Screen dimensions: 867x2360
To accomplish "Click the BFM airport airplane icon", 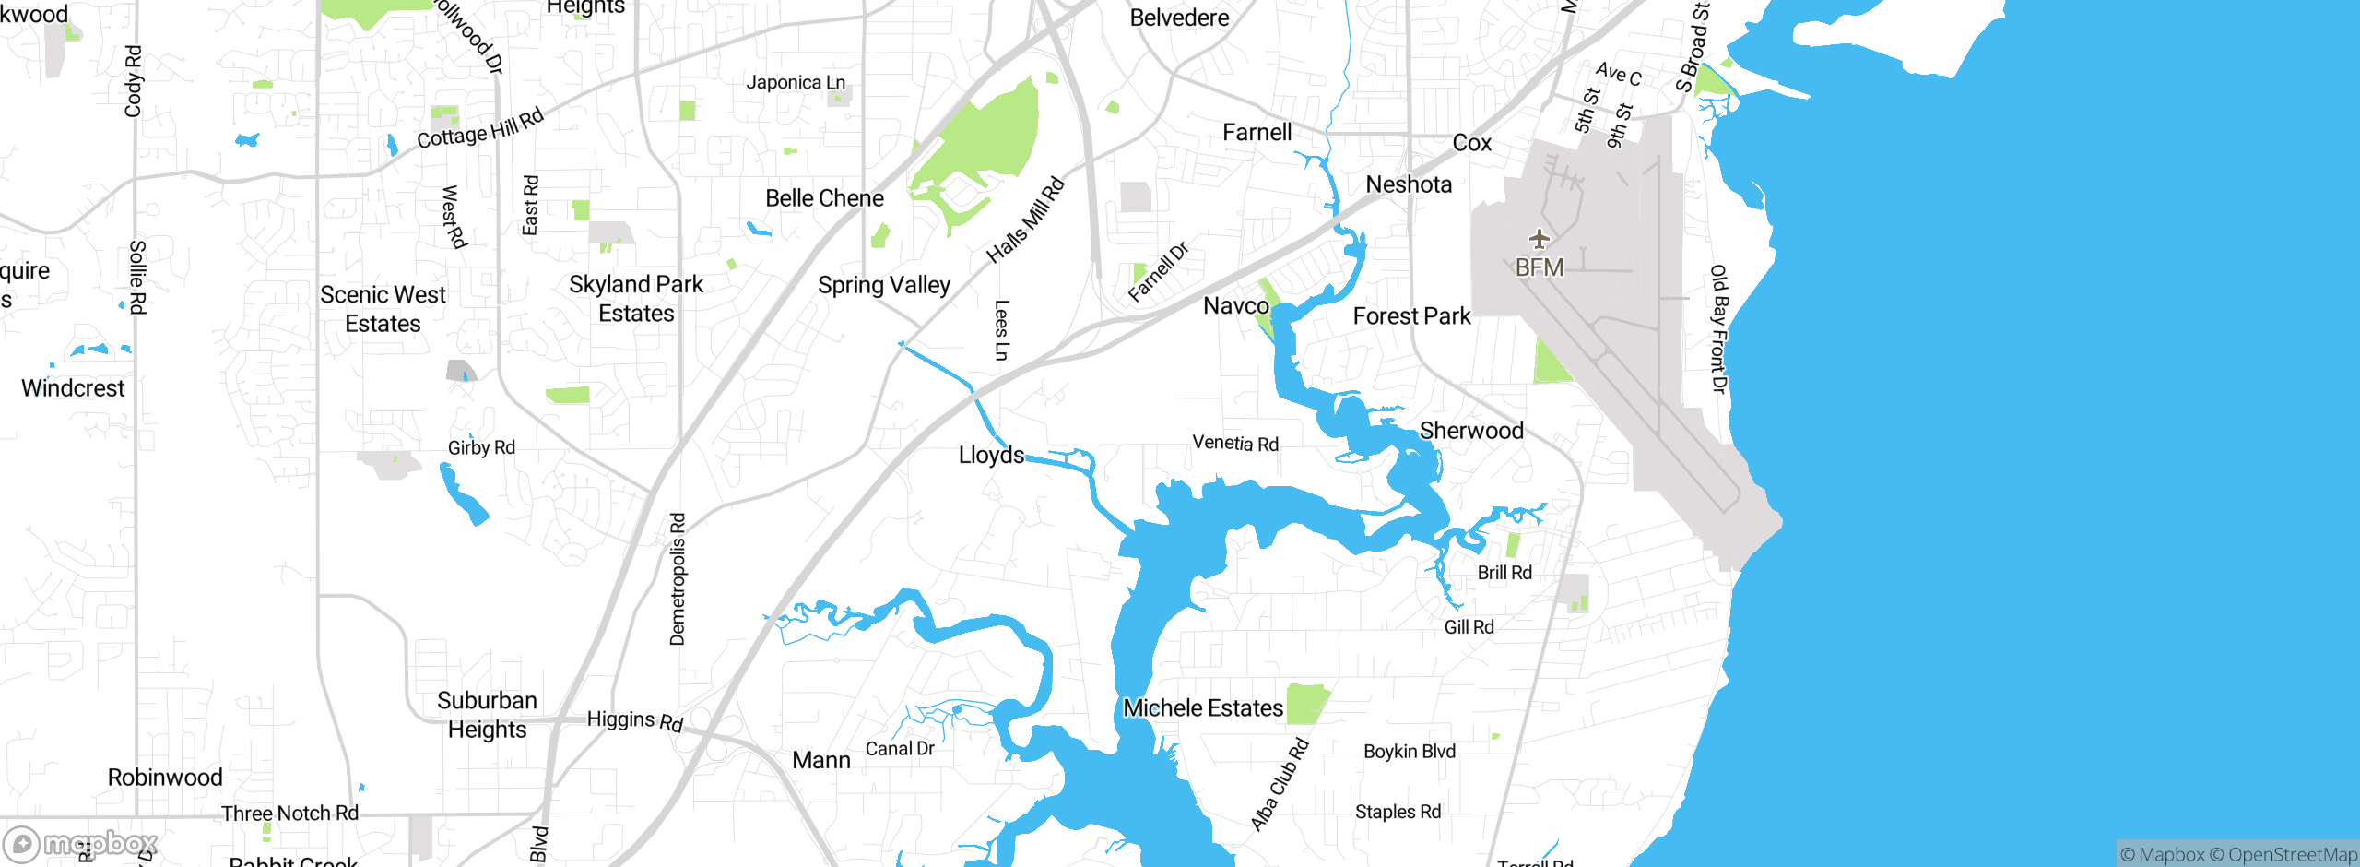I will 1539,240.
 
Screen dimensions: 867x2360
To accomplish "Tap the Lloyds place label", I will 991,455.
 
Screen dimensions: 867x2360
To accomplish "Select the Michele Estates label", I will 1202,708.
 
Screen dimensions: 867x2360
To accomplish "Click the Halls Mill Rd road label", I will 1025,220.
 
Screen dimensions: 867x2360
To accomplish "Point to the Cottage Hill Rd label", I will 480,129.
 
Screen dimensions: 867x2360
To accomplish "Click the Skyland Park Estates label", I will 636,299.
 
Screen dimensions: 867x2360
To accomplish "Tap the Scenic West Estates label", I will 383,309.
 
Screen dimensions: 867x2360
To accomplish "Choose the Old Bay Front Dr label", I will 1718,328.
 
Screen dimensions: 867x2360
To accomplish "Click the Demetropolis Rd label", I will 678,579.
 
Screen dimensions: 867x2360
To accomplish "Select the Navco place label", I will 1235,306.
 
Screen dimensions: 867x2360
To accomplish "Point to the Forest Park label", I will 1411,316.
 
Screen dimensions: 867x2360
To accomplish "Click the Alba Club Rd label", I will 1280,785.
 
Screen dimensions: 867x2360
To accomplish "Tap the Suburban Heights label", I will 487,715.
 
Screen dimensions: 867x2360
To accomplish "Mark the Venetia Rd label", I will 1235,444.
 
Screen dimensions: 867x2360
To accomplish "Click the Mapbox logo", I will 81,843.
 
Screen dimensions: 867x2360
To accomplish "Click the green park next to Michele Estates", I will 1306,704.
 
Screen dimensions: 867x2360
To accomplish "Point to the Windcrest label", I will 73,388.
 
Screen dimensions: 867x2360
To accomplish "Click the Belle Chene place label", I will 824,199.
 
